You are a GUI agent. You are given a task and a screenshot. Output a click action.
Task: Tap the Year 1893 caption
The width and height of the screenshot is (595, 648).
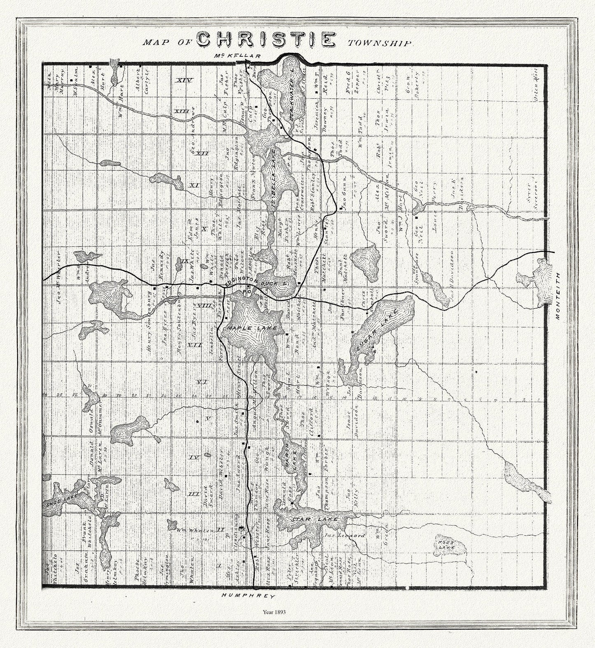274,612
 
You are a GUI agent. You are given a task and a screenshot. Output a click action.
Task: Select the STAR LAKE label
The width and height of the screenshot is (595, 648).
315,520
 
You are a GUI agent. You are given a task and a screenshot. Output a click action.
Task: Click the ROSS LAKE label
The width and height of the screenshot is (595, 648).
447,542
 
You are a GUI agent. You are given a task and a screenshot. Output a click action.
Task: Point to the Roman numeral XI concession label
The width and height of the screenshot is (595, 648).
194,186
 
